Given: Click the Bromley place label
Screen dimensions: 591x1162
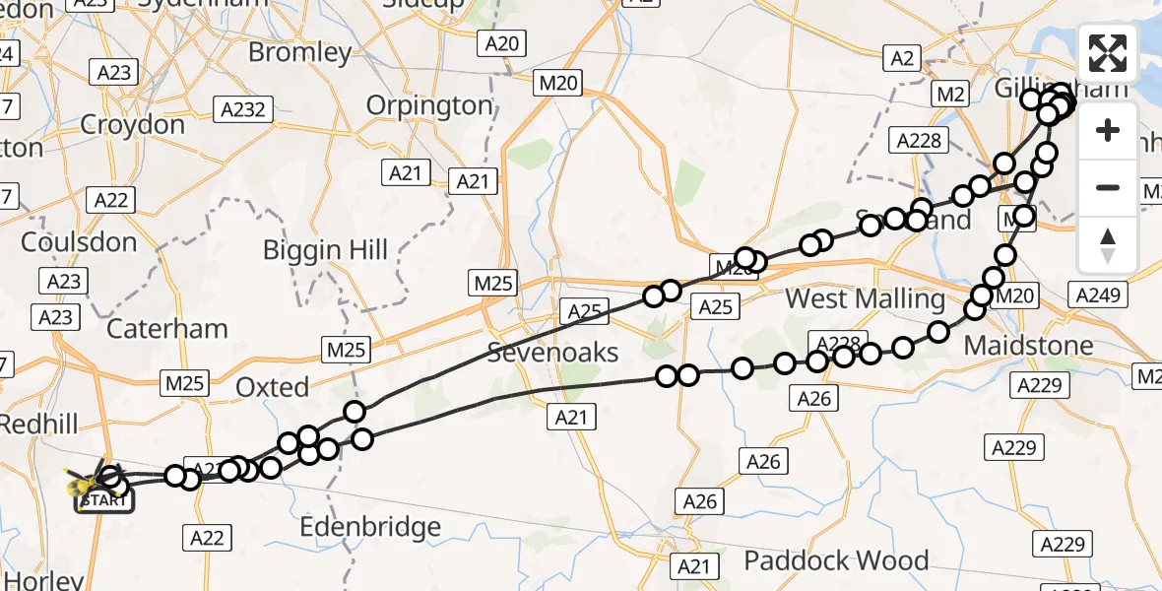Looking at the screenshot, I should click(299, 52).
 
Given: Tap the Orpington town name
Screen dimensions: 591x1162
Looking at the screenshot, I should click(428, 105).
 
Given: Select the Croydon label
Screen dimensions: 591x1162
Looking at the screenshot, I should click(132, 124).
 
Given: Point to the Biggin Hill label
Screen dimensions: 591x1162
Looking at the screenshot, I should click(325, 250).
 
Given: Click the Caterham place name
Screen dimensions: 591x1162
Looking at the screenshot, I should click(166, 328).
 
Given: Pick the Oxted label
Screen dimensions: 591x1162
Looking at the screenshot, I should click(272, 387).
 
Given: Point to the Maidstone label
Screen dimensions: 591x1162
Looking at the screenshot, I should click(1028, 346).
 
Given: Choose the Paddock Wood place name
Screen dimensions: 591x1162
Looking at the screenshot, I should click(836, 560).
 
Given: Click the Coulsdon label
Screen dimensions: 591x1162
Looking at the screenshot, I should click(78, 242).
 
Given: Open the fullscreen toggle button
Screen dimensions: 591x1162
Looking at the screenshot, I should click(1108, 53).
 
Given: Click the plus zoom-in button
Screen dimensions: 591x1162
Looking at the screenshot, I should click(1108, 130).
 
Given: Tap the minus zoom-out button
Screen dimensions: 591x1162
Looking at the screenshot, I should click(1108, 187).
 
